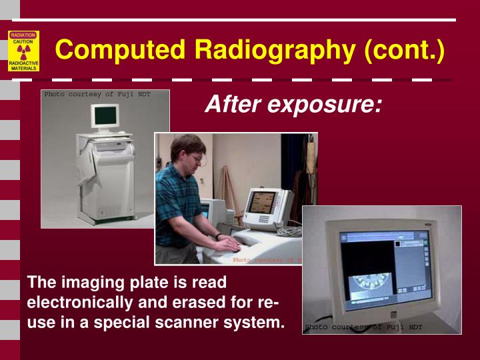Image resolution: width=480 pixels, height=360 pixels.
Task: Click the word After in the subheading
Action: click(x=231, y=104)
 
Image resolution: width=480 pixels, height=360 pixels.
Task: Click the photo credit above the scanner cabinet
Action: click(x=97, y=95)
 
